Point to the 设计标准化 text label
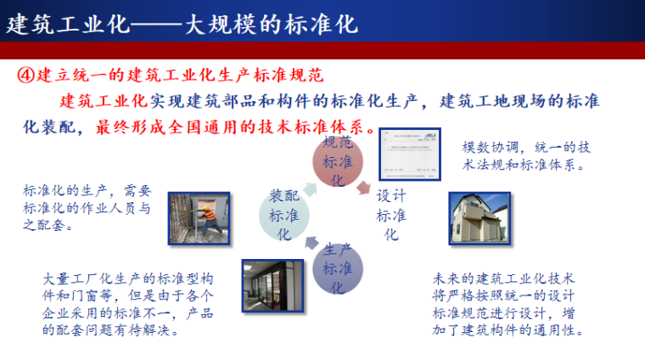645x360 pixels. click(x=391, y=214)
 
